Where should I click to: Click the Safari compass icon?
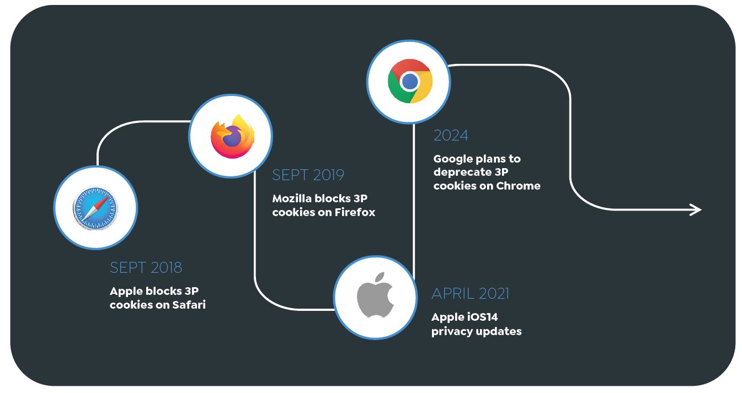(x=95, y=208)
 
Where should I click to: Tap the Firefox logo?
(x=232, y=136)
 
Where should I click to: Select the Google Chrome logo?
(x=410, y=81)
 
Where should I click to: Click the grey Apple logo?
(x=375, y=295)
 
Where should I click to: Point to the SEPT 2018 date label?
(x=146, y=267)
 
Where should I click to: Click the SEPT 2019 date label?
(x=308, y=175)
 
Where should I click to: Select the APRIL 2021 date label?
(x=471, y=294)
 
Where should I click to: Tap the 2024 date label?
(x=451, y=136)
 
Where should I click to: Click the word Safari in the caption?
(x=189, y=305)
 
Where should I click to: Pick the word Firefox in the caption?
(x=355, y=212)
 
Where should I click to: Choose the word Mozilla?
(x=292, y=198)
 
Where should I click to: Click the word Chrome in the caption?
(x=518, y=186)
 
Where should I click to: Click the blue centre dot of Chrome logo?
(x=410, y=81)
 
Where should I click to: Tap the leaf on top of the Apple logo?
(x=380, y=277)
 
